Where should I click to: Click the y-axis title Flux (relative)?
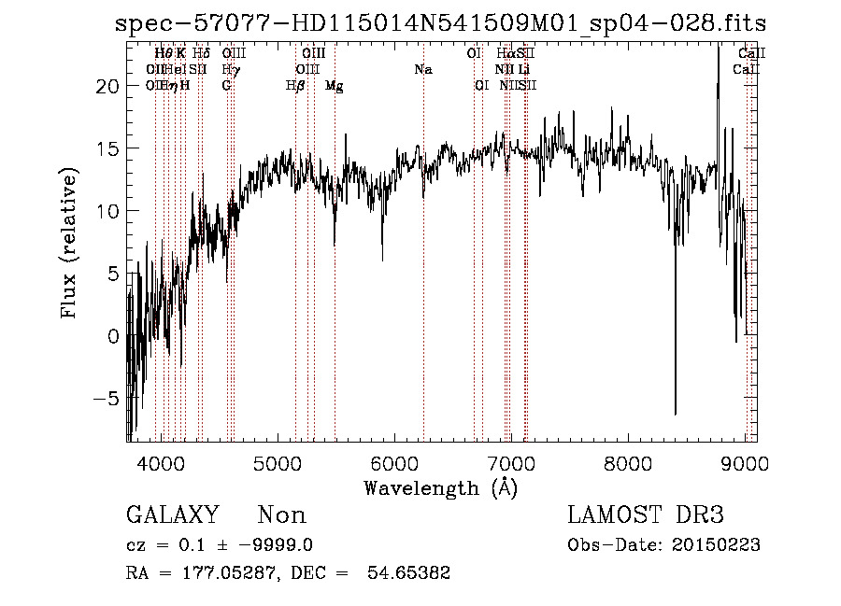69,244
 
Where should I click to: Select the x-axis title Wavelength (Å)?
440,486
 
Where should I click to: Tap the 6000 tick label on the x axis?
395,463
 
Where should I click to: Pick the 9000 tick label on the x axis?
745,463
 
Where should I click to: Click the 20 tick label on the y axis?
109,85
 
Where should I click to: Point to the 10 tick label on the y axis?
109,210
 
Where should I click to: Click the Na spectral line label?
423,70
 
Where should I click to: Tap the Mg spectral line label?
334,86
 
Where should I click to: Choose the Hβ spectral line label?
295,86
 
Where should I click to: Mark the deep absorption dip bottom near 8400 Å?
675,412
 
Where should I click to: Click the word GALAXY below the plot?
172,515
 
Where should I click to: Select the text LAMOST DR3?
646,515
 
